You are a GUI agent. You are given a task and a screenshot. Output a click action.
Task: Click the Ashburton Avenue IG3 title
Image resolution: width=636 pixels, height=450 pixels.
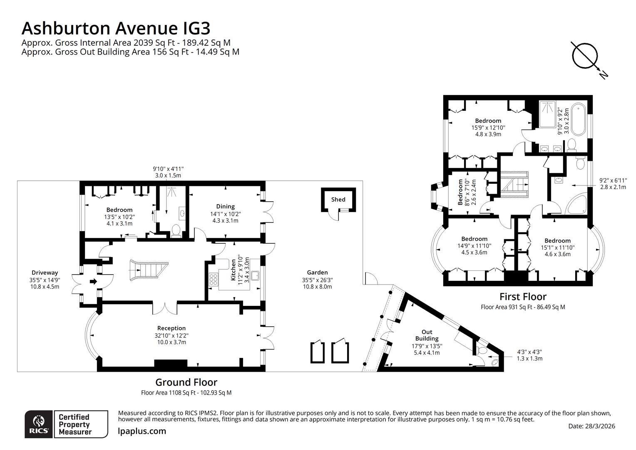coord(116,28)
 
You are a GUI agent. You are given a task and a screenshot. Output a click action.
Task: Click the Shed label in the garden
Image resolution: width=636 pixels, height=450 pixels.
coord(338,200)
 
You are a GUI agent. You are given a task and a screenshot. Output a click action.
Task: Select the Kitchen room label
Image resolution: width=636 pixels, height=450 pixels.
coord(234,270)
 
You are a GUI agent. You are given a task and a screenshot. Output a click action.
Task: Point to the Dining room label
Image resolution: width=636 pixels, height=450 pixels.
coord(225,207)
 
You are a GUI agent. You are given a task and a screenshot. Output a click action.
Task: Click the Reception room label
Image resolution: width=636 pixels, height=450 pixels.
coord(171,328)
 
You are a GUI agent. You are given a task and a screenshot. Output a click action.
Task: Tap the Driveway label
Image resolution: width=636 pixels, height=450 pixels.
coord(45,273)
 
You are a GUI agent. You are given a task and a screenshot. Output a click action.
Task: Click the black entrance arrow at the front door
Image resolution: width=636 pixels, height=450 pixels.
coord(93,282)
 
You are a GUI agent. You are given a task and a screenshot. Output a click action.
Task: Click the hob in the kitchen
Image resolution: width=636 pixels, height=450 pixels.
coord(214,279)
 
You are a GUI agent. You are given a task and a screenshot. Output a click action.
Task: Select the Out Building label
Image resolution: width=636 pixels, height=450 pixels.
coord(427,335)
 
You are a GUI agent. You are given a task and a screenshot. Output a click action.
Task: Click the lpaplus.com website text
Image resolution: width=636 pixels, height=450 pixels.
coord(142,431)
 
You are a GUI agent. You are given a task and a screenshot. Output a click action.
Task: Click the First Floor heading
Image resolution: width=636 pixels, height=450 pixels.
coord(523,297)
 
